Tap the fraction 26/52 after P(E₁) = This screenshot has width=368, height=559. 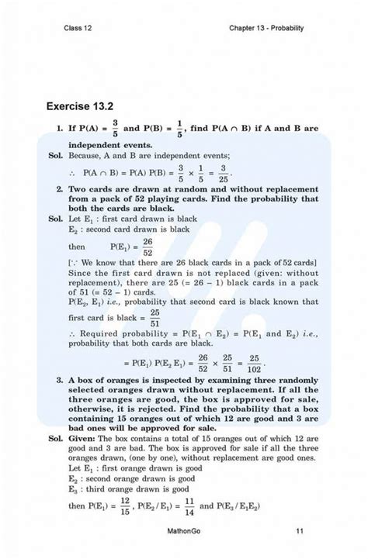pyautogui.click(x=148, y=247)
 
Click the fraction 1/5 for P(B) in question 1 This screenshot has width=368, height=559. pyautogui.click(x=179, y=127)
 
